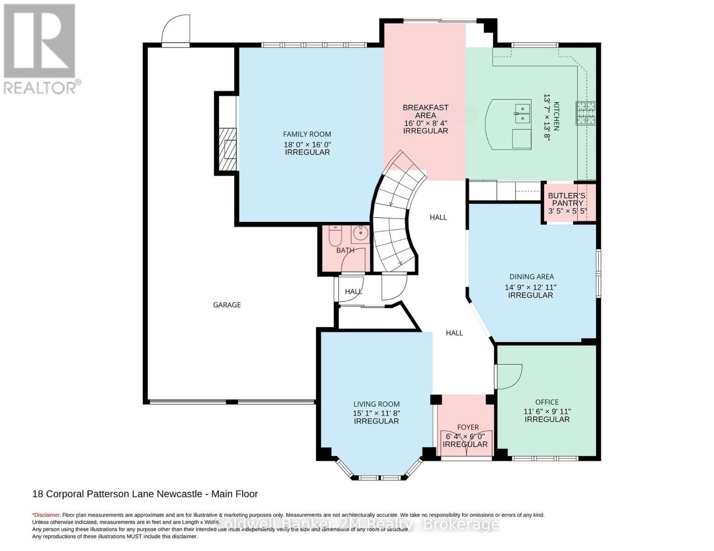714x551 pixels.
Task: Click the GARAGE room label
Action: tap(227, 305)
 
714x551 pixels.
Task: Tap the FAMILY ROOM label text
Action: tap(307, 134)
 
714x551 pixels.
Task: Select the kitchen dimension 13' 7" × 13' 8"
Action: tap(547, 117)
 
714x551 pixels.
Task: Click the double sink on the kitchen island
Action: tap(522, 113)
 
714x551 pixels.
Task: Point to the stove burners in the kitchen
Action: tap(585, 113)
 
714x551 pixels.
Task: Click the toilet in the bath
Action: tap(335, 236)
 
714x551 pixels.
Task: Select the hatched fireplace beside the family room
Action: tap(227, 149)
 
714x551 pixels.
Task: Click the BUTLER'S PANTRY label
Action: tap(567, 199)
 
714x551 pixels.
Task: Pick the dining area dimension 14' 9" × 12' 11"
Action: tap(530, 287)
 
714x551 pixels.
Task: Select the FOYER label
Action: tap(468, 427)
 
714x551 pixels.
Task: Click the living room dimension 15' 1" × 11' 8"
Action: tap(377, 413)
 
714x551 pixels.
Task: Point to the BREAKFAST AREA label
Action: tap(425, 111)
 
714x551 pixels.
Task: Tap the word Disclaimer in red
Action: tap(46, 515)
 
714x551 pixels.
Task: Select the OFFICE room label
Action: tap(547, 402)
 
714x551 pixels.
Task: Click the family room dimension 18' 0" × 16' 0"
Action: tap(307, 145)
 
